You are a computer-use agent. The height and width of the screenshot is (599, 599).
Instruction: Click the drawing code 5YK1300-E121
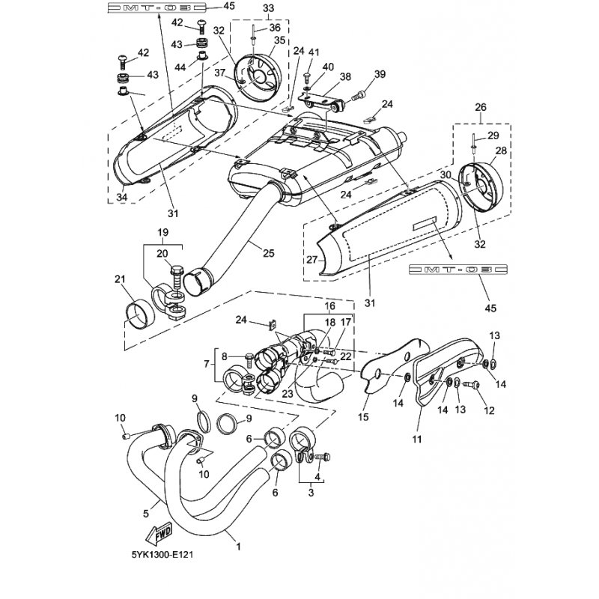(162, 555)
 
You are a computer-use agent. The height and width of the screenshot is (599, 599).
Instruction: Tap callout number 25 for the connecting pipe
(269, 253)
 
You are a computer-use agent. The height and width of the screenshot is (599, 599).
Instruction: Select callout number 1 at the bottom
(238, 547)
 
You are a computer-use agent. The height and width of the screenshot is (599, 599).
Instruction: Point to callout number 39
(380, 73)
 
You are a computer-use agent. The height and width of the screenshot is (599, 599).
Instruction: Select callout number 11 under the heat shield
(417, 440)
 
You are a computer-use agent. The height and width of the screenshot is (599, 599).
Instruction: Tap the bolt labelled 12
(471, 385)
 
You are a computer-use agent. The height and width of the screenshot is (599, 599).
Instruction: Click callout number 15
(363, 417)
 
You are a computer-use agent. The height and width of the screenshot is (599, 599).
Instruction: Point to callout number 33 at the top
(269, 7)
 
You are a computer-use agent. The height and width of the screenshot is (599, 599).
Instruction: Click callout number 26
(481, 107)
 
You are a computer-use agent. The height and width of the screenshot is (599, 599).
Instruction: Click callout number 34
(122, 197)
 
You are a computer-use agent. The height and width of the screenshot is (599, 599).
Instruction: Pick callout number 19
(162, 232)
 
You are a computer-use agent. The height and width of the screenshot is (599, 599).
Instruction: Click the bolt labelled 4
(322, 456)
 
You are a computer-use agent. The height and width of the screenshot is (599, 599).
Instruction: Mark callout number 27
(311, 259)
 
